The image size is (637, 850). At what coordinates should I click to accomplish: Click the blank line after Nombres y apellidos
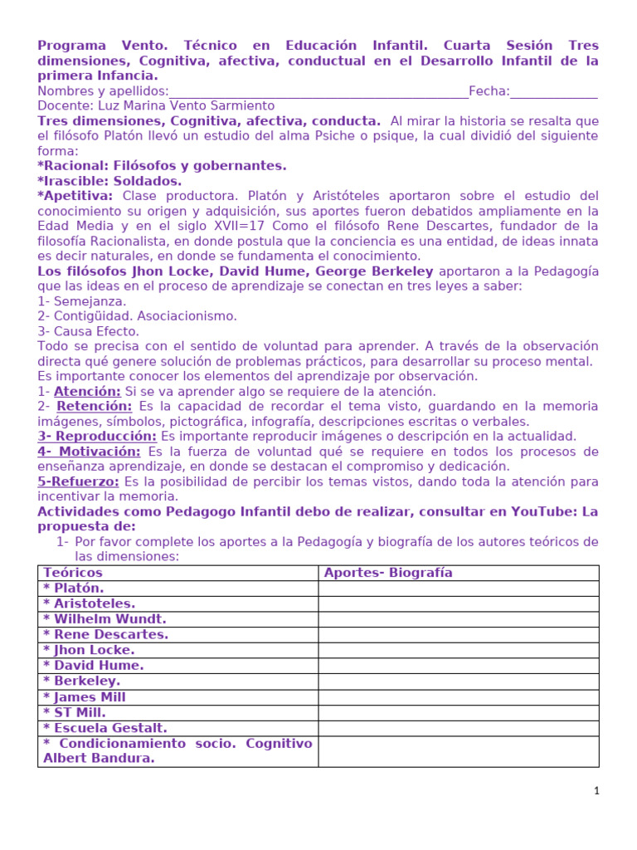pyautogui.click(x=318, y=91)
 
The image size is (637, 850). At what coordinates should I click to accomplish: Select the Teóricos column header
pyautogui.click(x=73, y=573)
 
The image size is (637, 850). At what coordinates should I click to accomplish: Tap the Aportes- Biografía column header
pyautogui.click(x=388, y=573)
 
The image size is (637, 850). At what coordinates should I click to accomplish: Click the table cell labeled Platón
pyautogui.click(x=74, y=589)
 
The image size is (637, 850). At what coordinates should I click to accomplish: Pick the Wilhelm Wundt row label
pyautogui.click(x=105, y=619)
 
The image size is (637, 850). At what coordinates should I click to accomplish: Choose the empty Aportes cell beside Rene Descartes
pyautogui.click(x=458, y=635)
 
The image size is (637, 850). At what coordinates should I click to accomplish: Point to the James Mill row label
pyautogui.click(x=85, y=697)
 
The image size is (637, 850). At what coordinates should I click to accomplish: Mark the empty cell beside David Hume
pyautogui.click(x=458, y=666)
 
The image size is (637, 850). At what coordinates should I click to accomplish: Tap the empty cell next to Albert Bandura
pyautogui.click(x=458, y=751)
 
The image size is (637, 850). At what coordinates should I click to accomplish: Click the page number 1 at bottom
pyautogui.click(x=596, y=792)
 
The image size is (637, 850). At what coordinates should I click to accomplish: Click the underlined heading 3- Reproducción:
pyautogui.click(x=97, y=437)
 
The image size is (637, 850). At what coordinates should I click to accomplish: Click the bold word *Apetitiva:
pyautogui.click(x=75, y=196)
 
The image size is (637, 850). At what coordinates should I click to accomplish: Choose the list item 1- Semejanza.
pyautogui.click(x=82, y=301)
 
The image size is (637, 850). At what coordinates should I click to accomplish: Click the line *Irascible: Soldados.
pyautogui.click(x=109, y=181)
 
